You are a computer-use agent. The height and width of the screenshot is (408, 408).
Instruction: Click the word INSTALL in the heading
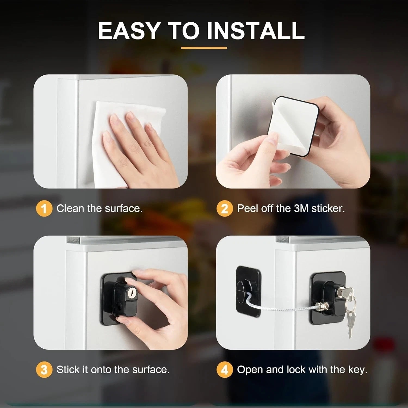pos(255,30)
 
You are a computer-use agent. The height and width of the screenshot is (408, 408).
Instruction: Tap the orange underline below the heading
pos(204,48)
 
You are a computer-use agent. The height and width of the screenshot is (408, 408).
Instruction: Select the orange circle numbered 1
pos(44,209)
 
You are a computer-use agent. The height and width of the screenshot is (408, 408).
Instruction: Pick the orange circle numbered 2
pos(224,209)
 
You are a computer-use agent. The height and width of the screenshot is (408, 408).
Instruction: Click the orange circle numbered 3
pos(44,370)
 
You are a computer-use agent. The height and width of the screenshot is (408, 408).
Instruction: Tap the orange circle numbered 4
pos(224,370)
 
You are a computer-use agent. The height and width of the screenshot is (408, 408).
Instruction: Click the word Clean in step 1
pos(70,208)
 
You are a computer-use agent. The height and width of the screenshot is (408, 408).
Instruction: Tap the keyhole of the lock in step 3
pos(131,293)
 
